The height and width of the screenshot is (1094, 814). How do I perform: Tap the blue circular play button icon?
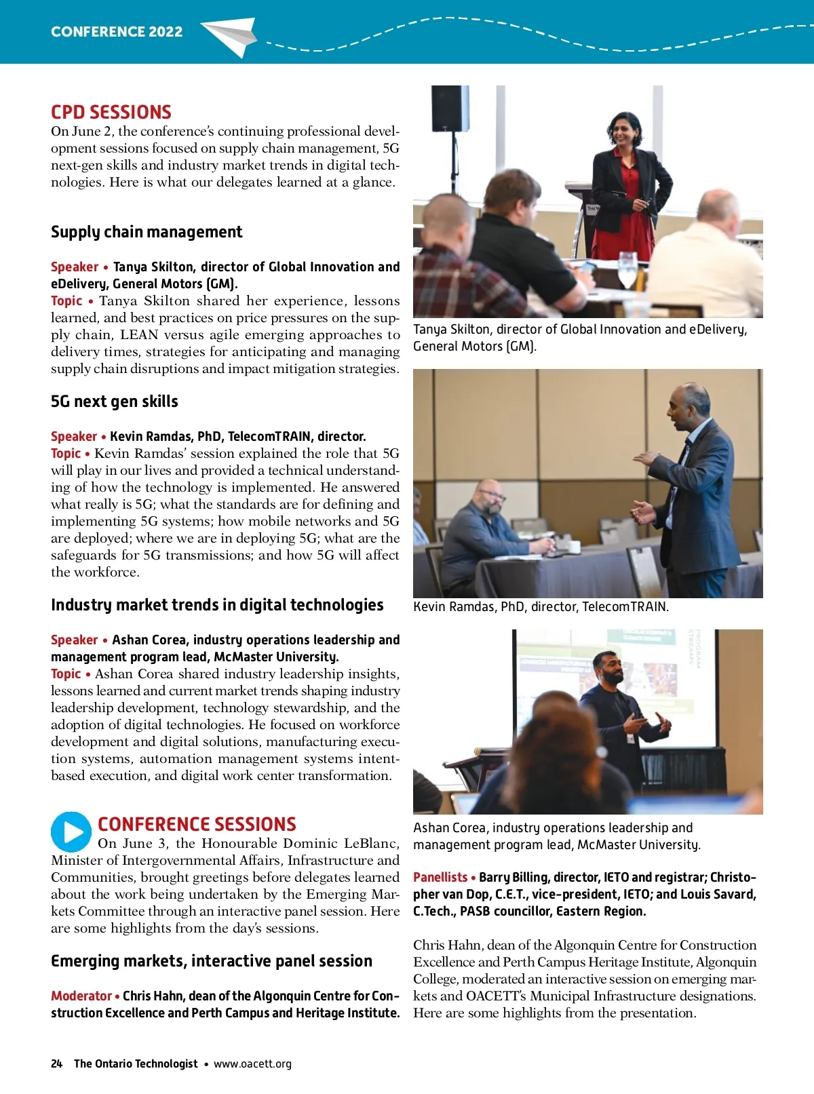(x=71, y=832)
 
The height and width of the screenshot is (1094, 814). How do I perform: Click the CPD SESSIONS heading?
(x=111, y=113)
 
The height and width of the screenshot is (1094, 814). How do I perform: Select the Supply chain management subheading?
(x=147, y=232)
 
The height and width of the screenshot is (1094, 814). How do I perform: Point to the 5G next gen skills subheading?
(x=115, y=402)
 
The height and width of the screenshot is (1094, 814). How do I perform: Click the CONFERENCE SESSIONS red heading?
(x=197, y=824)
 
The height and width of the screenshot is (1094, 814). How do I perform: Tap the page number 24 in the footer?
(x=56, y=1063)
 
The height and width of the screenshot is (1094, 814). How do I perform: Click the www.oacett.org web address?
(x=252, y=1063)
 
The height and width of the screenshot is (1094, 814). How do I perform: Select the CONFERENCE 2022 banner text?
(x=117, y=32)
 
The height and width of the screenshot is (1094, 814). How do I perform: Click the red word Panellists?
(x=440, y=877)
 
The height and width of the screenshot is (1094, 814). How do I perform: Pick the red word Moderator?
(x=81, y=996)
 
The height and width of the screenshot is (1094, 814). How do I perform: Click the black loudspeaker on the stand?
(x=450, y=109)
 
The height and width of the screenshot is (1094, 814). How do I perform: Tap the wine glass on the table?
(x=627, y=270)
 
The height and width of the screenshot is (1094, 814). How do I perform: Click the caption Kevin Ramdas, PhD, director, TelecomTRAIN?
(x=541, y=606)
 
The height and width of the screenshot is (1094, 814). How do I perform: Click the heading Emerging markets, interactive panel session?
(x=212, y=961)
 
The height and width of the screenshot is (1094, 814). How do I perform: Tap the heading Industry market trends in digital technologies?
(x=217, y=605)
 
